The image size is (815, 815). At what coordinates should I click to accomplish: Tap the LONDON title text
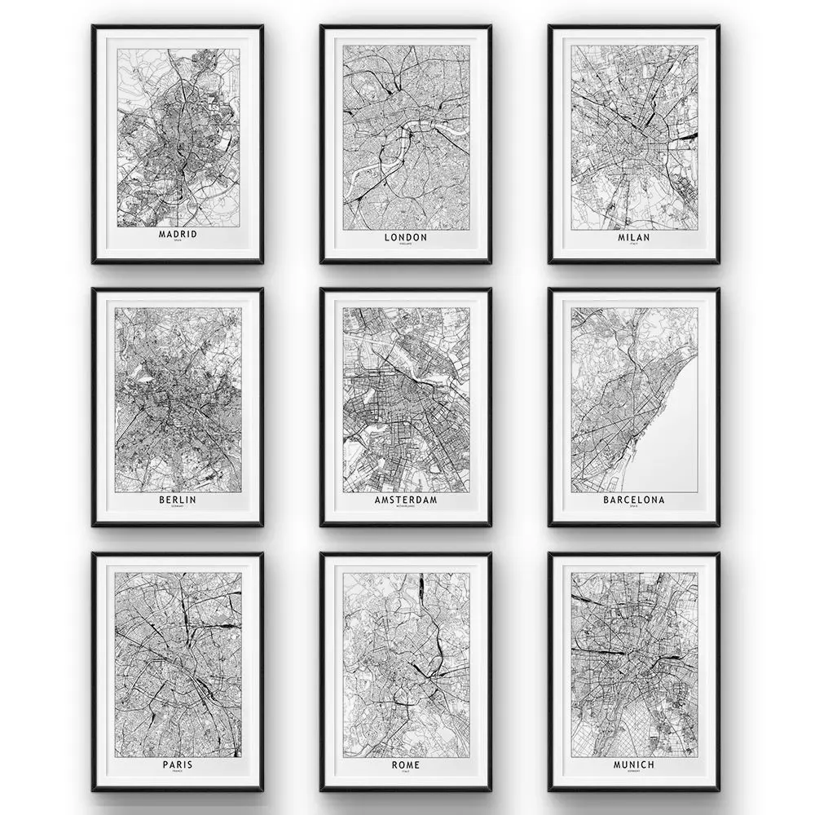click(405, 237)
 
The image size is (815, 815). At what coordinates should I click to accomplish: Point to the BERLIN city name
click(178, 499)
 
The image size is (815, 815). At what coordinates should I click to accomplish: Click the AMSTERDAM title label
click(405, 499)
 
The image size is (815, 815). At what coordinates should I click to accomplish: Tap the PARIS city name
click(178, 764)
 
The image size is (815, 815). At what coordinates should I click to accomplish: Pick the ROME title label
click(405, 764)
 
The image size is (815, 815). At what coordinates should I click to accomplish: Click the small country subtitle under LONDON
click(405, 244)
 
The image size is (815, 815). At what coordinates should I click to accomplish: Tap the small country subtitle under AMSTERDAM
click(405, 506)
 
